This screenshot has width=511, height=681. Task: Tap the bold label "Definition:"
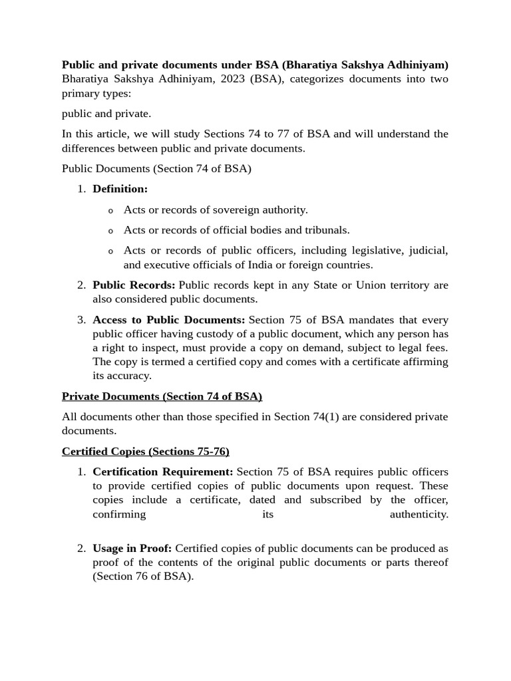pos(120,189)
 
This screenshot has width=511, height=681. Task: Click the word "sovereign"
pos(238,210)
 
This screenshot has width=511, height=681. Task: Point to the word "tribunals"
pos(325,230)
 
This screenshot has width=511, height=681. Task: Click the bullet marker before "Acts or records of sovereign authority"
pos(110,211)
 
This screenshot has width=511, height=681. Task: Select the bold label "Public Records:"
pos(134,285)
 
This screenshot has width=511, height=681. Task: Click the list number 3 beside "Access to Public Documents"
pos(81,320)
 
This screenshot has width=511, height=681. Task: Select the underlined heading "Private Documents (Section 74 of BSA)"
pos(162,396)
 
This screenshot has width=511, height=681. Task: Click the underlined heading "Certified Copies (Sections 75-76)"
pos(145,452)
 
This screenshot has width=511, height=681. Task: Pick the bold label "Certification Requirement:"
pos(163,472)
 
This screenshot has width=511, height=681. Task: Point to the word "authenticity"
pos(419,514)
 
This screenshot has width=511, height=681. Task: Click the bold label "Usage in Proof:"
pos(132,549)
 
